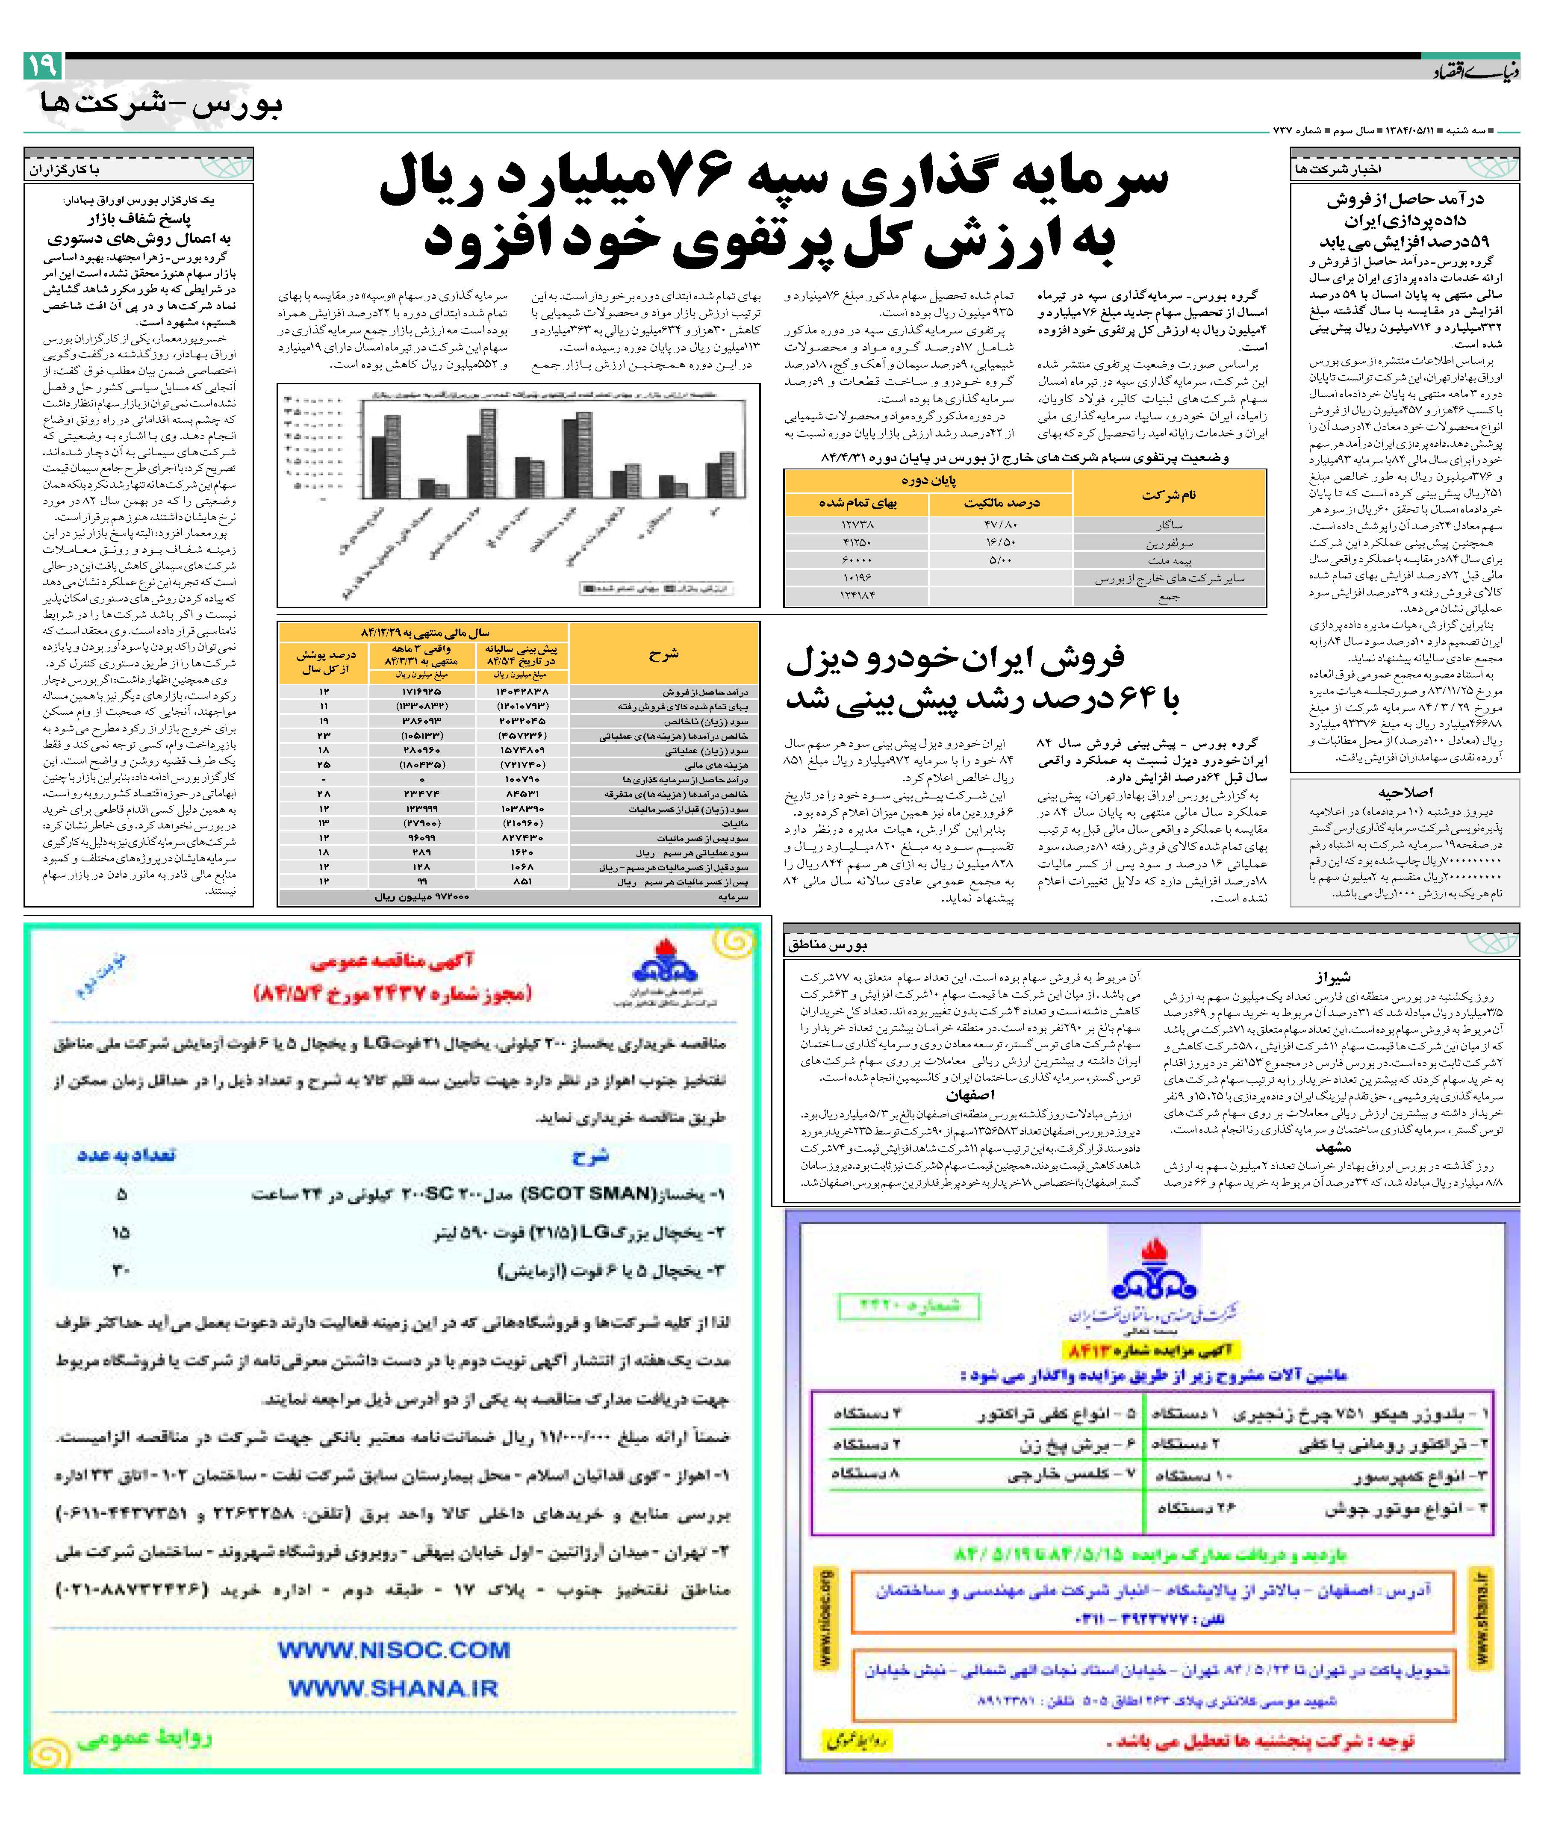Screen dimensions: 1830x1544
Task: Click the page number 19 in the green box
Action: click(x=42, y=66)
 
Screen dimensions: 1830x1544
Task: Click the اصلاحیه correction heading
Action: click(x=1406, y=792)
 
